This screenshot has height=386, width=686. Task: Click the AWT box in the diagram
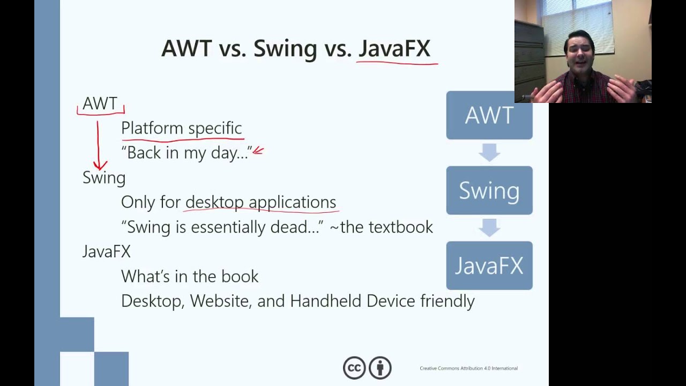click(x=489, y=115)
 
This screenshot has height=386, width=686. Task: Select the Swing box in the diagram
click(x=489, y=190)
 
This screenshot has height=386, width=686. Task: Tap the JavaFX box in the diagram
click(x=489, y=265)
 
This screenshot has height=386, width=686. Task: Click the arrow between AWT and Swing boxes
click(x=489, y=153)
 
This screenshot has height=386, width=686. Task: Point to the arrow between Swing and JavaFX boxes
click(x=489, y=228)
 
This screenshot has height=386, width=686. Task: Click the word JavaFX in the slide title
click(x=394, y=48)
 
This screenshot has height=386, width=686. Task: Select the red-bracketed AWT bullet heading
click(x=100, y=103)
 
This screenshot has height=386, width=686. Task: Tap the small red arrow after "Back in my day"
click(x=258, y=151)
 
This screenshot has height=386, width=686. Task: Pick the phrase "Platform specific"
click(x=181, y=128)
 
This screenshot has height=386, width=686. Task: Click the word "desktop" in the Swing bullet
click(x=214, y=202)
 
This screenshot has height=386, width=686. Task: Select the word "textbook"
click(x=401, y=227)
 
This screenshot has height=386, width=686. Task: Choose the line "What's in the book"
click(x=190, y=276)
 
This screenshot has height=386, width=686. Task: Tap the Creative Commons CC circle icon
click(x=354, y=368)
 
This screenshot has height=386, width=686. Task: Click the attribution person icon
click(x=380, y=368)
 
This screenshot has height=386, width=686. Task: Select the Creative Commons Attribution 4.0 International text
click(x=468, y=368)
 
